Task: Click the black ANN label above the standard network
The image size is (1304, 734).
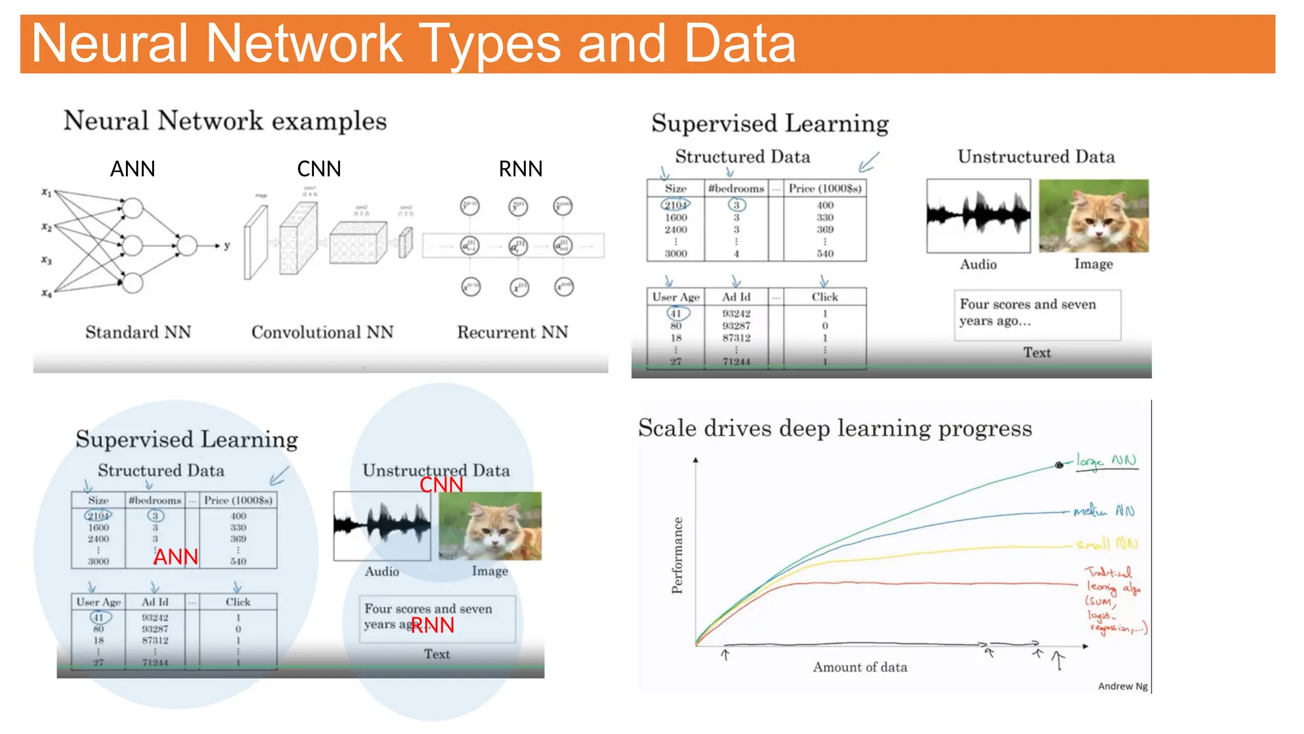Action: click(132, 169)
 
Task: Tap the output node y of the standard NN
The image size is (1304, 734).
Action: click(227, 245)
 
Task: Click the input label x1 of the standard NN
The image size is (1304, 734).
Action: click(46, 192)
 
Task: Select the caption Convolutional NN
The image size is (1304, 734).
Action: click(322, 332)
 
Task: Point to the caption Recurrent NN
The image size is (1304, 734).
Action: click(513, 332)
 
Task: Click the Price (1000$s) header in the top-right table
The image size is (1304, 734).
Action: click(825, 189)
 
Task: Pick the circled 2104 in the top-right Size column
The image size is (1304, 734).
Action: click(676, 205)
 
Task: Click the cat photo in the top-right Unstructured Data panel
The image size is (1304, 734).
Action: click(1093, 216)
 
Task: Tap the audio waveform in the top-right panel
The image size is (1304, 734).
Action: click(978, 215)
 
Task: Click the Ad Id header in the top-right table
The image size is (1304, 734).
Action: click(736, 297)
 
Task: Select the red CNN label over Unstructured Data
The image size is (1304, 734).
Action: click(441, 485)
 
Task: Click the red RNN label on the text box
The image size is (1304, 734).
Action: click(433, 625)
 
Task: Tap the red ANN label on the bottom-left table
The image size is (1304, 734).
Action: click(176, 557)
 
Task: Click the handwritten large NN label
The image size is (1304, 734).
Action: click(1106, 461)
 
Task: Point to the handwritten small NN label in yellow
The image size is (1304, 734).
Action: click(1107, 544)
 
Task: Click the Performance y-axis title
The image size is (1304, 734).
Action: click(677, 555)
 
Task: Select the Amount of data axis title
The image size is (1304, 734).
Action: click(860, 667)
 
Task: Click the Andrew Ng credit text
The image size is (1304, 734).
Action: click(1123, 686)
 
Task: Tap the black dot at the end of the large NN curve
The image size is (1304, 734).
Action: click(1059, 465)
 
